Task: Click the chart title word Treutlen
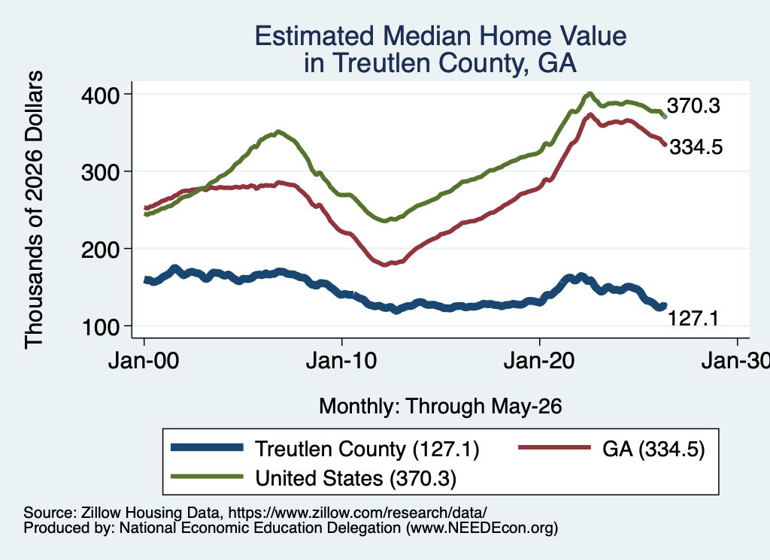click(380, 62)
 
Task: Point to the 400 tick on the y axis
click(100, 95)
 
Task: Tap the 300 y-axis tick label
click(100, 172)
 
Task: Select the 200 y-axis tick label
click(100, 250)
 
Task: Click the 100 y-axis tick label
click(102, 327)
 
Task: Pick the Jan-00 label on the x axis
click(144, 361)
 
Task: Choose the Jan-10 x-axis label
click(341, 361)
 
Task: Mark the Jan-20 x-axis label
click(539, 361)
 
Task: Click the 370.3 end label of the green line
click(693, 105)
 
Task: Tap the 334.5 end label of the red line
click(696, 147)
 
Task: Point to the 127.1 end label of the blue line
click(693, 319)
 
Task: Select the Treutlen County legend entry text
click(367, 449)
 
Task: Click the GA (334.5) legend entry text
click(653, 449)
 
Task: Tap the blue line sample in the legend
click(208, 447)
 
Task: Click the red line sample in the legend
click(555, 447)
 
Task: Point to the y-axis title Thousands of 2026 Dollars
click(34, 210)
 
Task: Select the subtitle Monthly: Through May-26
click(441, 407)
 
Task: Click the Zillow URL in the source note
click(357, 513)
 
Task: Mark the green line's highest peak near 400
click(590, 93)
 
